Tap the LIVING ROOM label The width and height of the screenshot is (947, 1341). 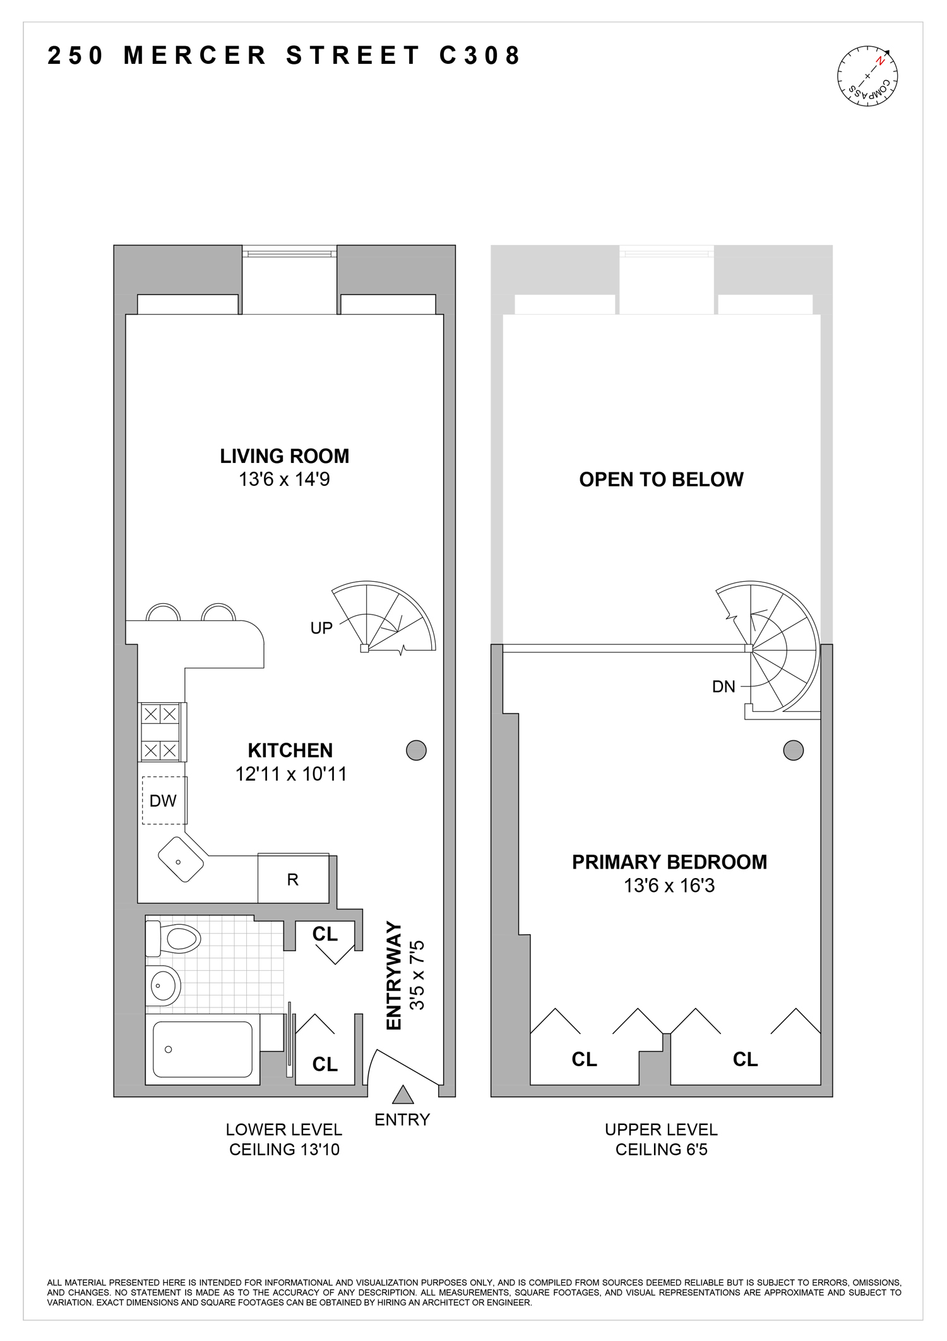click(x=284, y=456)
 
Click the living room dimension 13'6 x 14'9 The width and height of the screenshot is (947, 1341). click(x=284, y=479)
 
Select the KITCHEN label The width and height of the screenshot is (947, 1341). click(x=290, y=750)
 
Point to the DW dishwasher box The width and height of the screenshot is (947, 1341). click(x=163, y=801)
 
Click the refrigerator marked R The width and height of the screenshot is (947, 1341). click(x=293, y=879)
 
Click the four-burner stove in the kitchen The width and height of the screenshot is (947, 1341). click(x=160, y=733)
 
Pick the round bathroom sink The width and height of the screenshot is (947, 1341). click(x=164, y=985)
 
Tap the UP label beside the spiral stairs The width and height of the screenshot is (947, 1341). click(x=321, y=628)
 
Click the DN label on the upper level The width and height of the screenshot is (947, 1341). click(x=724, y=687)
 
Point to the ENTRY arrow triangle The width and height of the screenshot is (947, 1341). click(x=402, y=1095)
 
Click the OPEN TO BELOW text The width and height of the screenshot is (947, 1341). click(x=661, y=479)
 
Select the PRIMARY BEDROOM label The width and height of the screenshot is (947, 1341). click(x=669, y=862)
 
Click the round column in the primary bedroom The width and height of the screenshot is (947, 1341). click(x=793, y=750)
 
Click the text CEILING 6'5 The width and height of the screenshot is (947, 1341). click(x=661, y=1150)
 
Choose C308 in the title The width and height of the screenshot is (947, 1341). click(x=480, y=56)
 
